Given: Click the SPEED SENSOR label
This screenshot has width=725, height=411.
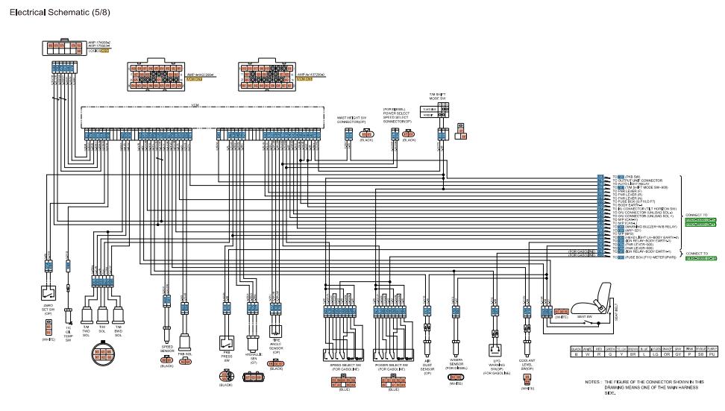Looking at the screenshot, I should click(x=167, y=348).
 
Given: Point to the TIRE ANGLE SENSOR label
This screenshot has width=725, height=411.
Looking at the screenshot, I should click(x=276, y=348).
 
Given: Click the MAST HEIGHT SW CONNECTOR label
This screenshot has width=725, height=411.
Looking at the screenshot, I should click(x=351, y=119).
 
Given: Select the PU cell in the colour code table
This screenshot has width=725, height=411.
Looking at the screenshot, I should click(x=712, y=354).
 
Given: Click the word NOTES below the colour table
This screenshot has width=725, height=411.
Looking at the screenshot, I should click(x=593, y=381).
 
